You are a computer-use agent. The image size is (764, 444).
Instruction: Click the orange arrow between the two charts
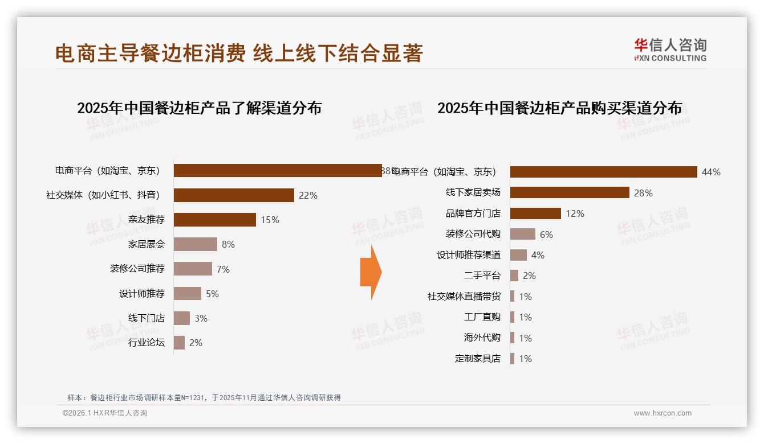371,272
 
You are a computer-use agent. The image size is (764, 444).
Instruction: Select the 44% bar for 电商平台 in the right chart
603,172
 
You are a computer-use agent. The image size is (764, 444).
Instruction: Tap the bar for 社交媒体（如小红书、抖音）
234,195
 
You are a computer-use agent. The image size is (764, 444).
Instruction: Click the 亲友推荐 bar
214,220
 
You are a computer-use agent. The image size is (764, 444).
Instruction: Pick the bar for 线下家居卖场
570,192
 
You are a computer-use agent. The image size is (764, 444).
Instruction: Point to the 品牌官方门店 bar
535,213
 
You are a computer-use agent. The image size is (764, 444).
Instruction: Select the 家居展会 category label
147,244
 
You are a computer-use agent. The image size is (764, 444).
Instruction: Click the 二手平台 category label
482,276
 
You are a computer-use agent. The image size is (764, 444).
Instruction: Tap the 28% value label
643,193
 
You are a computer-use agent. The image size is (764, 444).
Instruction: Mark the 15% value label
270,220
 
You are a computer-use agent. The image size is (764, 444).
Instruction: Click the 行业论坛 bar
179,343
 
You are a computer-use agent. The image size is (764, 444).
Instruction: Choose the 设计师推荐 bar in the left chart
187,294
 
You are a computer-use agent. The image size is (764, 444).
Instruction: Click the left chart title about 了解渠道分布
200,108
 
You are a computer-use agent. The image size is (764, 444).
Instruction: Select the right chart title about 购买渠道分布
559,108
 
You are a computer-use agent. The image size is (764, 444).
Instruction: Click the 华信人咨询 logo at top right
670,50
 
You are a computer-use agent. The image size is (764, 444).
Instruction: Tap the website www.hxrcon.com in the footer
663,413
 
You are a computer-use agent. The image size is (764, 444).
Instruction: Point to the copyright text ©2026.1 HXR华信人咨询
105,413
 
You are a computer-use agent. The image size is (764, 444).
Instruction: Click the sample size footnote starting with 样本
204,397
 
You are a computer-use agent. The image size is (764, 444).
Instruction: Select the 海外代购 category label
482,338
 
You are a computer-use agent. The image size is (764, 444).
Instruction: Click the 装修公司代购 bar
522,234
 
